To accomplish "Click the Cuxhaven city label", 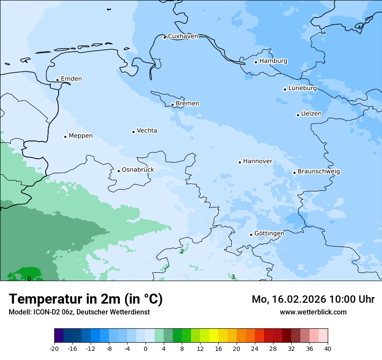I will [183, 36].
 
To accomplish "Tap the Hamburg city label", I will [273, 61].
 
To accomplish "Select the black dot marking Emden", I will [57, 80].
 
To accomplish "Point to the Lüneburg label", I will [302, 88].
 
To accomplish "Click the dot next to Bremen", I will [172, 105].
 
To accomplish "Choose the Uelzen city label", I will [311, 114].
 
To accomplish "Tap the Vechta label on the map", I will [147, 131].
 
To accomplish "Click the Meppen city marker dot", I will [65, 137].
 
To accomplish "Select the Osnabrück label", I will [138, 170].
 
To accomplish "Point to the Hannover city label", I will [257, 161].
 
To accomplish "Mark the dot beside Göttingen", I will [251, 235].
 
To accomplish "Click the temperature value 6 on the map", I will [29, 278].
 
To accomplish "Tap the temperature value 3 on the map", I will [233, 277].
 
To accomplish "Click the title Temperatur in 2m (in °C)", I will [86, 299].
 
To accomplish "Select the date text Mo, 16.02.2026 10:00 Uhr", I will [313, 299].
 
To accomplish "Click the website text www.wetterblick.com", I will [313, 312].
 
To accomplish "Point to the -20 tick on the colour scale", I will [54, 348].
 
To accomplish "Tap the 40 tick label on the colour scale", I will [327, 348].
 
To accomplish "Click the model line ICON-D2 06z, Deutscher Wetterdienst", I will [79, 312].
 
